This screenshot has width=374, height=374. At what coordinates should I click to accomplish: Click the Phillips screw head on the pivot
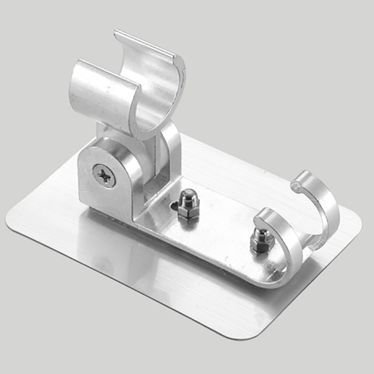pyautogui.click(x=104, y=176)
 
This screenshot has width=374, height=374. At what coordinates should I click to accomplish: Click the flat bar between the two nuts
pyautogui.click(x=220, y=229)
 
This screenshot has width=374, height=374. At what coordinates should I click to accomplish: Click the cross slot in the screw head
pyautogui.click(x=104, y=176)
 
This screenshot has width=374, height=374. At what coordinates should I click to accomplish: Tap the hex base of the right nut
pyautogui.click(x=257, y=245)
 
